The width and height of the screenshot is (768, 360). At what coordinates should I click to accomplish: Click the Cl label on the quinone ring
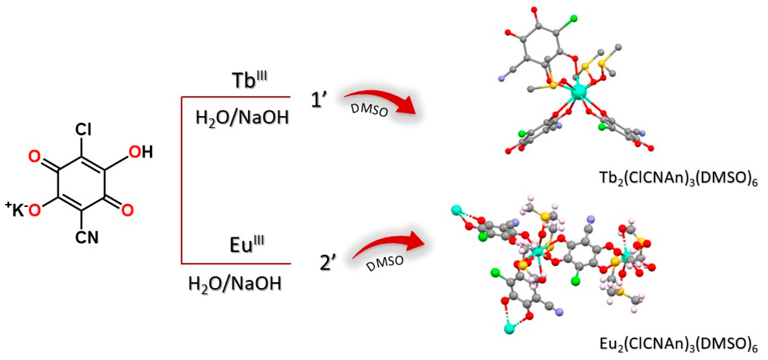(83, 130)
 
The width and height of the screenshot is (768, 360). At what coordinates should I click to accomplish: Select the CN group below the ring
(86, 238)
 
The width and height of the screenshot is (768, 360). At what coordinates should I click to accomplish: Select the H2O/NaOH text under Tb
(242, 118)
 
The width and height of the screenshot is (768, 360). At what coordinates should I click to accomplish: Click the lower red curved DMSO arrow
(391, 247)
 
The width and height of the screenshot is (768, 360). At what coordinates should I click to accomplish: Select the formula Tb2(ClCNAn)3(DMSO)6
(678, 179)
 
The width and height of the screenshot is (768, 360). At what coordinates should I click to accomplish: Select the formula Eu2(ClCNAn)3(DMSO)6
(678, 344)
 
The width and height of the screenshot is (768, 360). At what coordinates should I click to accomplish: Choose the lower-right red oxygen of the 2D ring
(127, 209)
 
